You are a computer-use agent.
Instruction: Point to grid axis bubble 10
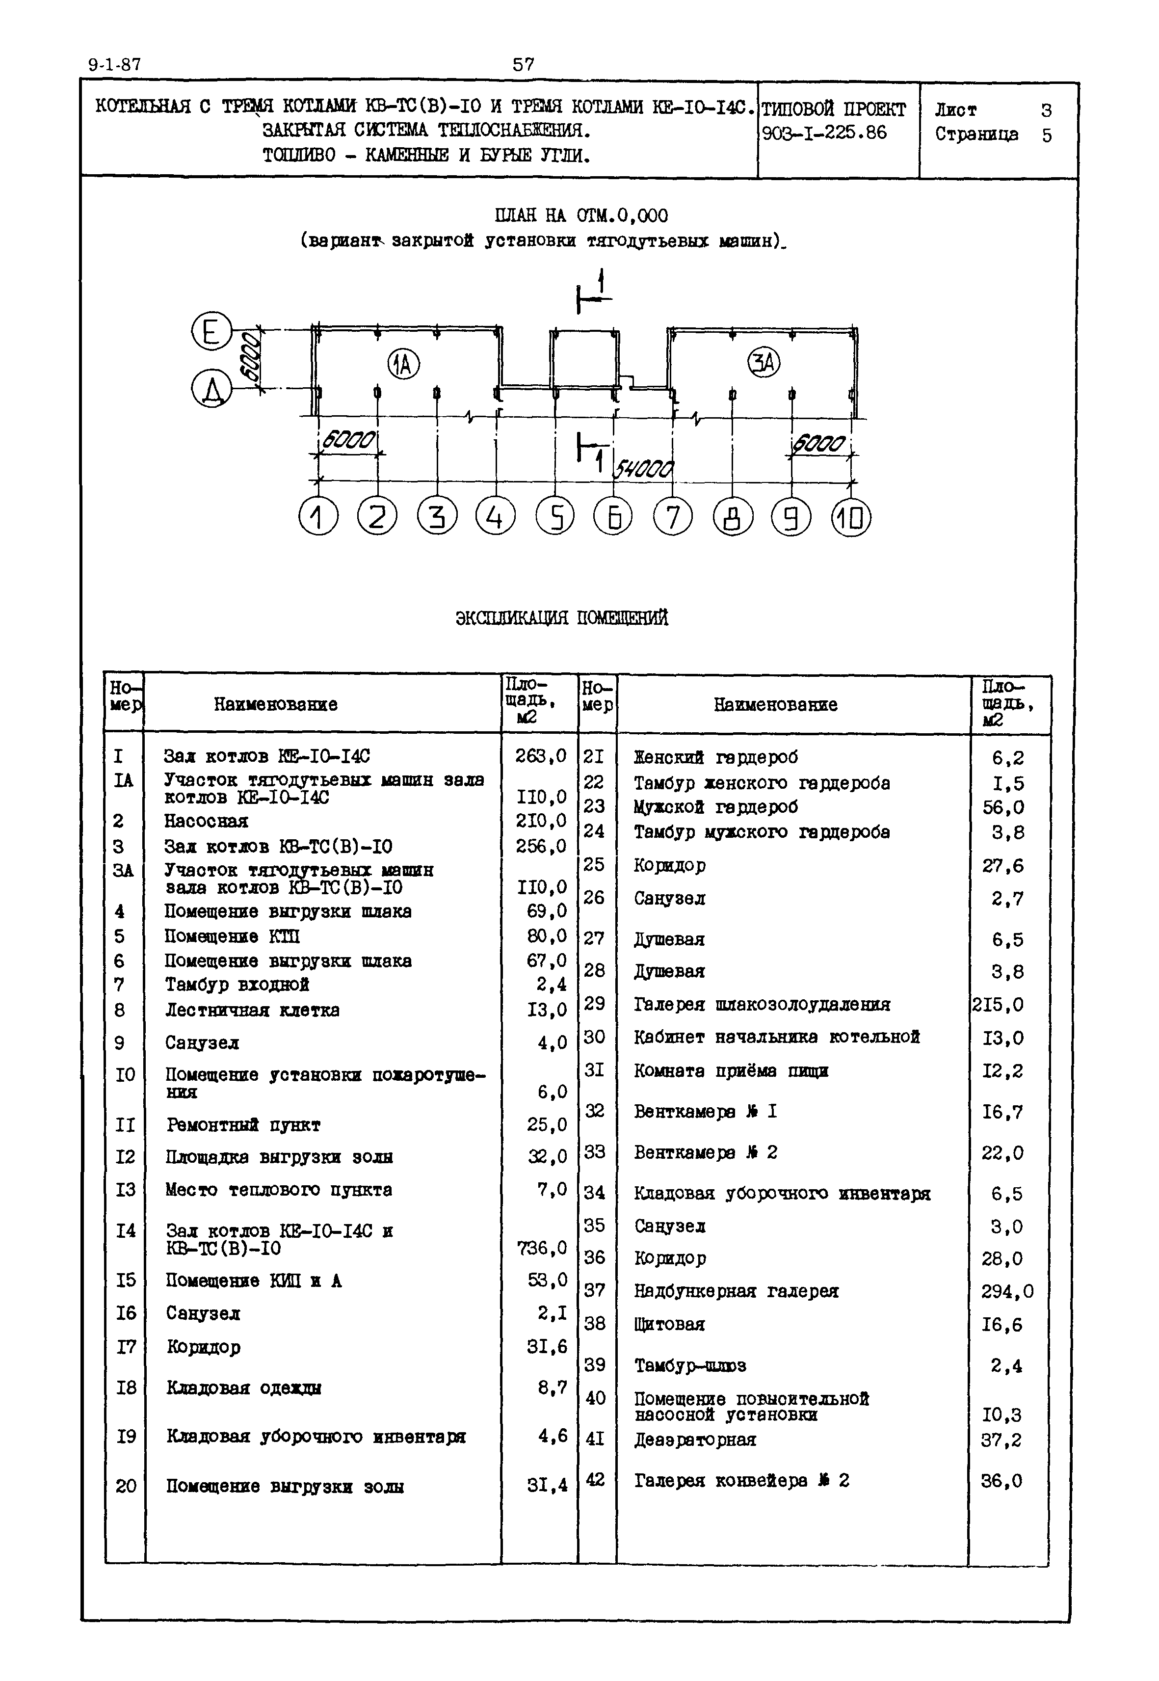[851, 518]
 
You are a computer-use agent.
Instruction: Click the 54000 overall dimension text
[644, 469]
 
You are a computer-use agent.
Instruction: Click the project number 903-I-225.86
[824, 133]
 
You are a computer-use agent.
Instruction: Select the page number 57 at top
[523, 65]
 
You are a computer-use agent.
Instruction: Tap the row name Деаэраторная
[695, 1439]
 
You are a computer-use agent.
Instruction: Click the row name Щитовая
[669, 1324]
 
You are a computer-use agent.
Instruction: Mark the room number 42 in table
[595, 1479]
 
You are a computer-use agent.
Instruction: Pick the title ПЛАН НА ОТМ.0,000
[581, 216]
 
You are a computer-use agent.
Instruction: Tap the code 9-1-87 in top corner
[115, 65]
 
